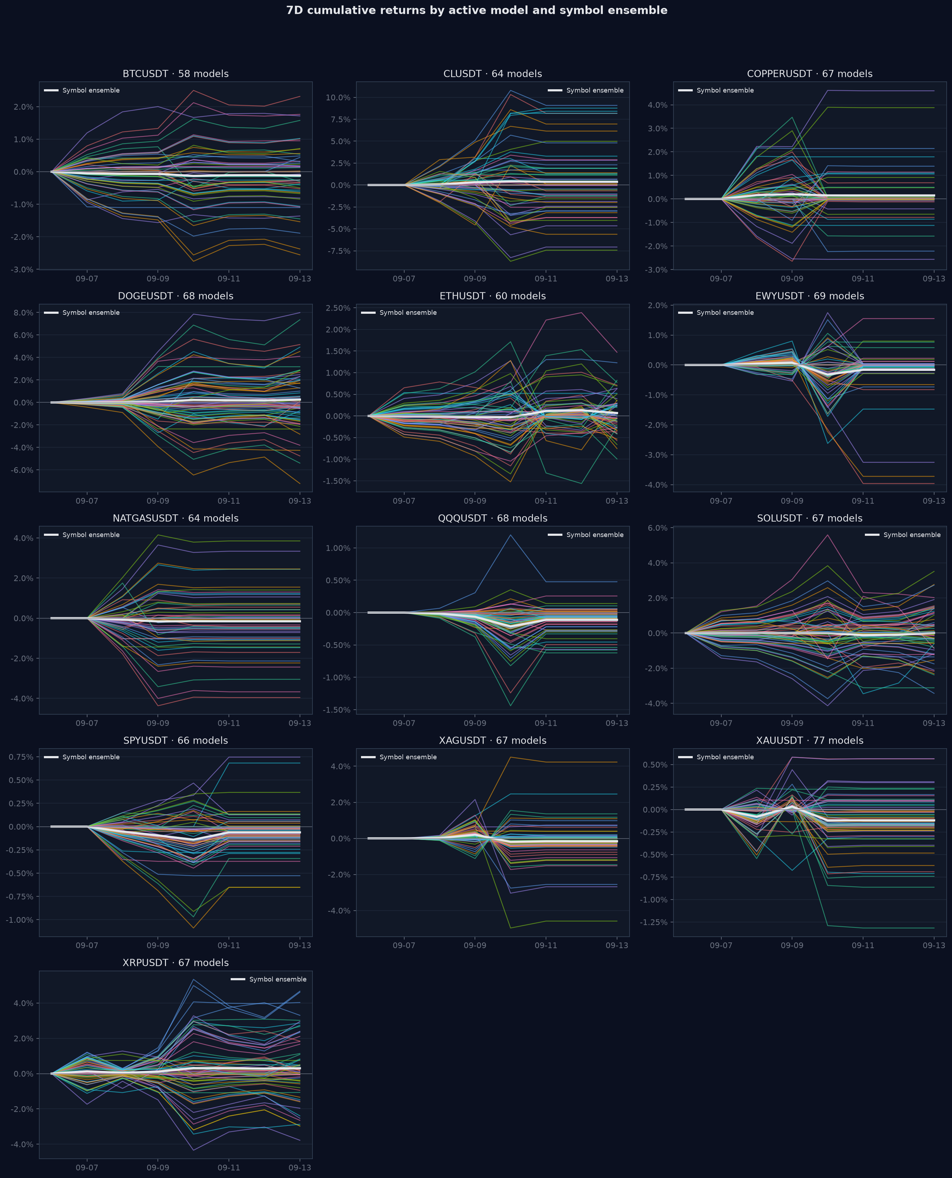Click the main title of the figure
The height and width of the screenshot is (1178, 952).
[477, 10]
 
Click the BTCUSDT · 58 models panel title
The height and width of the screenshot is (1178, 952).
[175, 74]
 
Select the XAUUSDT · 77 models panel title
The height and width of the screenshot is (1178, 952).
[810, 741]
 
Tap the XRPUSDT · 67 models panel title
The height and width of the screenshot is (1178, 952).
[175, 963]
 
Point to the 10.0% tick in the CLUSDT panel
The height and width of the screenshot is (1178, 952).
[339, 97]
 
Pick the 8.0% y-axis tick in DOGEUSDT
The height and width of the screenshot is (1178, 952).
[24, 313]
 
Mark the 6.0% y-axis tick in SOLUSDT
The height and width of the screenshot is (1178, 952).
[657, 528]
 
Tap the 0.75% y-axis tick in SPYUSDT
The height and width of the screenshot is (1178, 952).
[21, 757]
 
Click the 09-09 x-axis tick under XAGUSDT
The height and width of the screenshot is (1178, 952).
[475, 946]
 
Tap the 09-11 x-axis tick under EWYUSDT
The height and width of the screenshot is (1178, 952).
[863, 501]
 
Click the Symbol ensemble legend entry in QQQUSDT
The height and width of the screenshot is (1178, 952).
[586, 535]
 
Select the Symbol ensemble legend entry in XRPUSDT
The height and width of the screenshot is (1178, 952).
[269, 980]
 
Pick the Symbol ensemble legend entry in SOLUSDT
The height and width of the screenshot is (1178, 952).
[903, 535]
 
